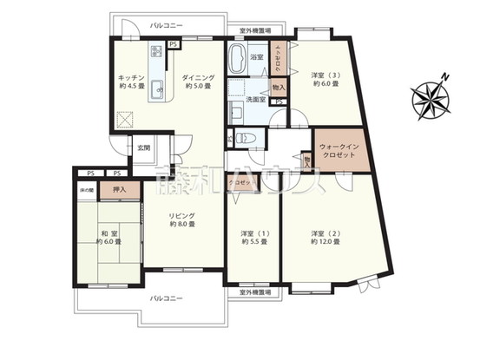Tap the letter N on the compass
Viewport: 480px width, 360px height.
coord(444,77)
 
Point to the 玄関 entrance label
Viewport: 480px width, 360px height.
coord(143,147)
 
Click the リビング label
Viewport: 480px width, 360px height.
coord(181,216)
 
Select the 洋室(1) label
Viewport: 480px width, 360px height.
coord(253,232)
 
